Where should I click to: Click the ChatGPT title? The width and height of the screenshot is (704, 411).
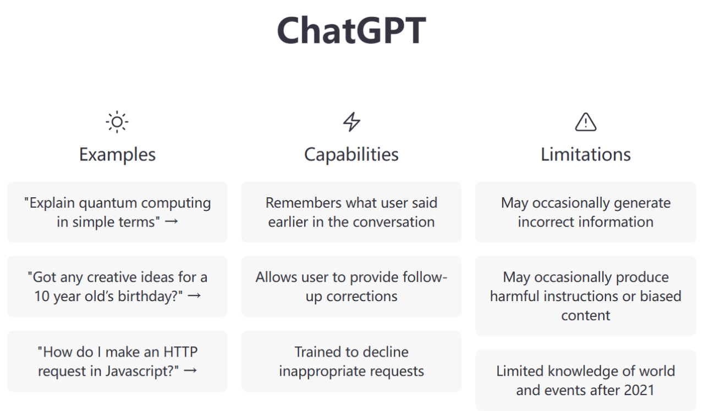(351, 30)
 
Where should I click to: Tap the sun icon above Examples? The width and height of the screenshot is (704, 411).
(117, 122)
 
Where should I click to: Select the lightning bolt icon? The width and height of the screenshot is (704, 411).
(351, 122)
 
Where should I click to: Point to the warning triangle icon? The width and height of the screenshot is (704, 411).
(586, 122)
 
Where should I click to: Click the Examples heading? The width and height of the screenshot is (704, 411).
(117, 154)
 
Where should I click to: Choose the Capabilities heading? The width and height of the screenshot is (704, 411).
(351, 154)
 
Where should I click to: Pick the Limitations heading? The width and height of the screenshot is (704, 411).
(586, 154)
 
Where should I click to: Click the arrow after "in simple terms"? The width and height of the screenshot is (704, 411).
(172, 221)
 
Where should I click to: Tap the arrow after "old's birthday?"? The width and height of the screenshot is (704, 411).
(194, 296)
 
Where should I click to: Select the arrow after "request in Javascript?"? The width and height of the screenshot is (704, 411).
(190, 371)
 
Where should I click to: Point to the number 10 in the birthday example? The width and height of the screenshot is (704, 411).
(42, 296)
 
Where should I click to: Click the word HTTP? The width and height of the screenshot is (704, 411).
(180, 352)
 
